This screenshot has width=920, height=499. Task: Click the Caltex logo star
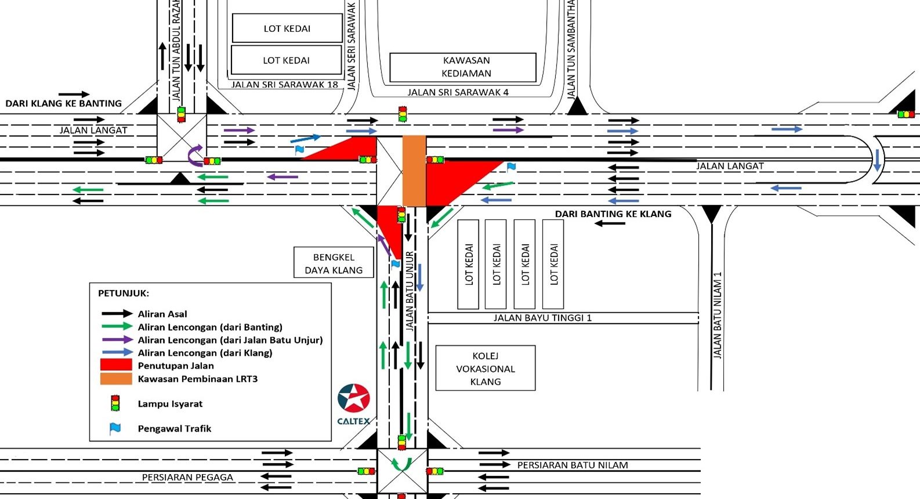pos(354,398)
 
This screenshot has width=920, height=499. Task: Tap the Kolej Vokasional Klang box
pos(486,368)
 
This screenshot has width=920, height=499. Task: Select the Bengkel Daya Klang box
pos(334,262)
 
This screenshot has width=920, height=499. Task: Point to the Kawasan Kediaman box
pos(463,67)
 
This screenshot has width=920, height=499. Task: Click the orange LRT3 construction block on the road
pos(414,171)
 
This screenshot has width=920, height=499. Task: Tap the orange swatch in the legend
pos(116,379)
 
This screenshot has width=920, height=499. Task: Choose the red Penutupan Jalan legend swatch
pos(116,365)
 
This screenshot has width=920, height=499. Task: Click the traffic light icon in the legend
pos(115,403)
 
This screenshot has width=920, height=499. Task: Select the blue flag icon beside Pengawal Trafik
pos(115,429)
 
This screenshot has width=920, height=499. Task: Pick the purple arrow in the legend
pos(117,339)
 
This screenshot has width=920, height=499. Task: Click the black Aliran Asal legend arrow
pos(117,314)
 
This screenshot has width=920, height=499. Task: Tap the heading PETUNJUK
pos(123,293)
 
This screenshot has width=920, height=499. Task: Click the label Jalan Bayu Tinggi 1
pos(542,318)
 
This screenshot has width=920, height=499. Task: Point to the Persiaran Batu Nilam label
pos(573,465)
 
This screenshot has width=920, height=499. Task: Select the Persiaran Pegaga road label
pos(187,477)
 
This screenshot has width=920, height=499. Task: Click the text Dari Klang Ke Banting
pos(64,103)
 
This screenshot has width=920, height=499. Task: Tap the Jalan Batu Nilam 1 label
pos(718,315)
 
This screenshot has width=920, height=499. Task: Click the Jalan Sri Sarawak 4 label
pos(458,92)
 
